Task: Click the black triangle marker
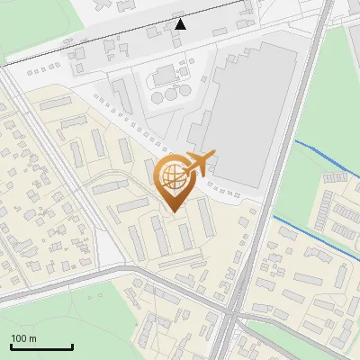(x=181, y=23)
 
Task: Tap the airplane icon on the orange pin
(x=198, y=163)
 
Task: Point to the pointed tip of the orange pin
(x=173, y=211)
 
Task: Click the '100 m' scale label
(x=24, y=338)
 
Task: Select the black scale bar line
(x=41, y=346)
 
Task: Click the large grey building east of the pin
(x=247, y=117)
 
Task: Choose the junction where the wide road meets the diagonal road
(x=232, y=317)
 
